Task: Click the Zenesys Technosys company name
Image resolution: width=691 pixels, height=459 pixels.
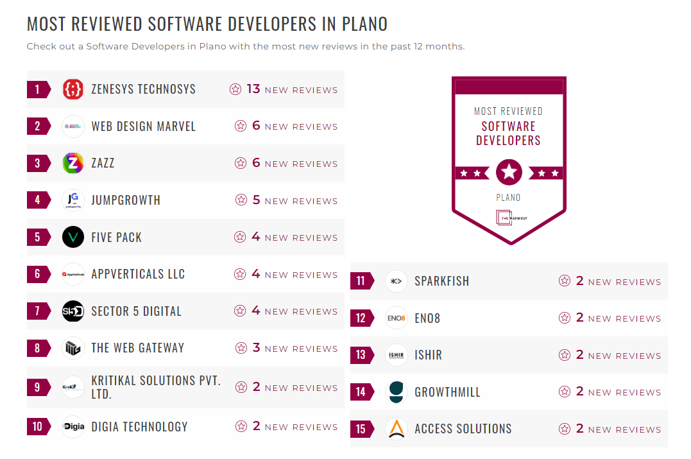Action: [x=143, y=89]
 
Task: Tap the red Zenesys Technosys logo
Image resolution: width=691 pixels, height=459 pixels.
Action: [x=73, y=89]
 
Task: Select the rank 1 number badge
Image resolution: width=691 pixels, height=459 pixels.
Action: [x=37, y=89]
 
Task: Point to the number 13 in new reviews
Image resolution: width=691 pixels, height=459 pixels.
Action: [x=253, y=89]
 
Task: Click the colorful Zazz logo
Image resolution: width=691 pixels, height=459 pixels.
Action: [x=73, y=163]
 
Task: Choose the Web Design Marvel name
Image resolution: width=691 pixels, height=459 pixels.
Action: [x=143, y=126]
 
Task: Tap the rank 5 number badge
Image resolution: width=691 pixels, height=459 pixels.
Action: [x=37, y=238]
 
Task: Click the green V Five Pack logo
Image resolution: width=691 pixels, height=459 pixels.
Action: [x=73, y=238]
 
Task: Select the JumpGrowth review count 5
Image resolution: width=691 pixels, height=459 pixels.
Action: [x=256, y=200]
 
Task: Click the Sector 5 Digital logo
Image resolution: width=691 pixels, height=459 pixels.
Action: [x=73, y=311]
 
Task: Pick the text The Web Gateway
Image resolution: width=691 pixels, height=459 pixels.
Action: [x=137, y=348]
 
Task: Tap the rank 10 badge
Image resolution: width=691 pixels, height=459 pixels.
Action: [x=37, y=427]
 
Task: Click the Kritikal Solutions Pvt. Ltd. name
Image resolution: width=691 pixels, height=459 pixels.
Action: [x=156, y=387]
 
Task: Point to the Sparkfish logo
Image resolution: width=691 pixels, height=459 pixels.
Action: [x=397, y=281]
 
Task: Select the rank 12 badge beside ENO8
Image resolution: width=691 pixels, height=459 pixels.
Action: [x=361, y=318]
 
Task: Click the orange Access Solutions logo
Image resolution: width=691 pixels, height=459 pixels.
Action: [x=397, y=429]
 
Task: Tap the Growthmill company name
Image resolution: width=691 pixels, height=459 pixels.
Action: [x=447, y=392]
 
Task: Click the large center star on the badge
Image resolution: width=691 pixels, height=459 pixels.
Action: [x=509, y=172]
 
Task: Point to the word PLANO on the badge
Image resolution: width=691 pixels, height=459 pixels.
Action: [x=508, y=198]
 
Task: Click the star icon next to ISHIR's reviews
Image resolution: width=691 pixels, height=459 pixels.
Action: [x=565, y=355]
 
